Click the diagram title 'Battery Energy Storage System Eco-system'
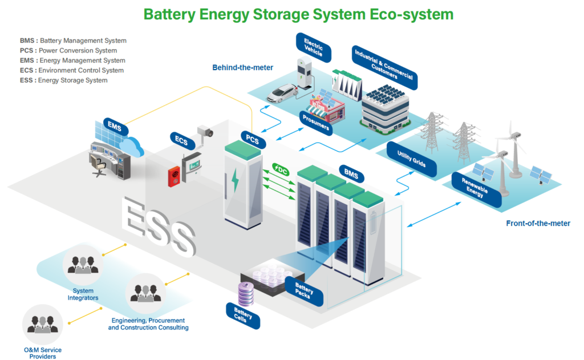pyautogui.click(x=298, y=14)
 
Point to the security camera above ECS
pyautogui.click(x=204, y=132)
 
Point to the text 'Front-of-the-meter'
pyautogui.click(x=538, y=224)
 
